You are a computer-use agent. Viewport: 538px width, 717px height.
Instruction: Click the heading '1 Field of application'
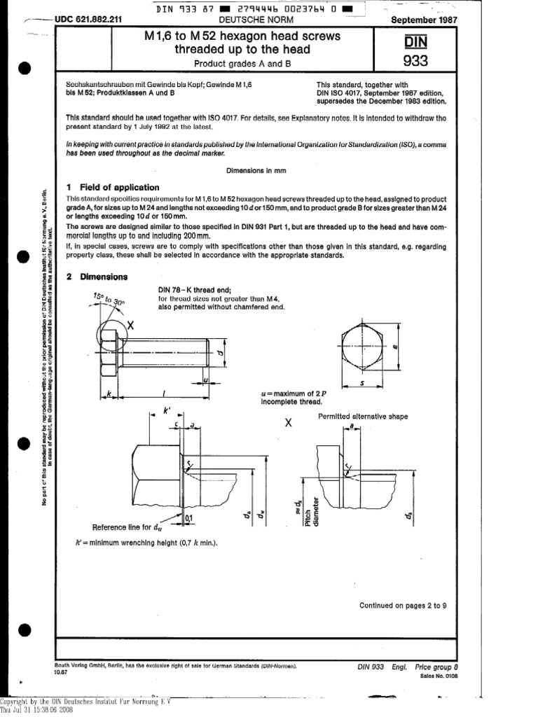point(112,188)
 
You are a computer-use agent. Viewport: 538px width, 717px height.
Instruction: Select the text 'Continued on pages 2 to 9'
point(403,606)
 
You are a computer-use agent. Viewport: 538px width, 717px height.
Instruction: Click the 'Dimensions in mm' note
point(256,170)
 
